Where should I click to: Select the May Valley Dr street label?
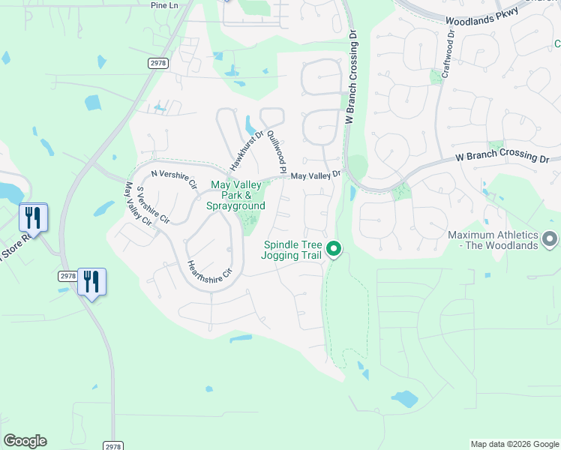coord(316,175)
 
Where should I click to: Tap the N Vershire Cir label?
coord(173,178)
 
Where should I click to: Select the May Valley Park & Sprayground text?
coord(238,195)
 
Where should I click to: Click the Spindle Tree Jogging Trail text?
coord(292,250)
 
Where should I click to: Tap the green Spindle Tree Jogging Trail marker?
coord(334,248)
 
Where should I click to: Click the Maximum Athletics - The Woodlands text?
coord(493,240)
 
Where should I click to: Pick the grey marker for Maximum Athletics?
coord(550,239)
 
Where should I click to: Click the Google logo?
coord(25,441)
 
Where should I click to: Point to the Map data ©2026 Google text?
coord(514,444)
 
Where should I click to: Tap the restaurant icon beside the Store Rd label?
coord(33,217)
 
